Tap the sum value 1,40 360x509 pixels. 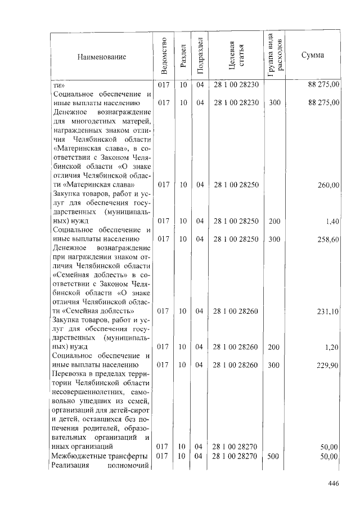pos(332,222)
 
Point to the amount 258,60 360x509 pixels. pos(328,240)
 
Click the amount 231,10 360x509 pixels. pos(328,310)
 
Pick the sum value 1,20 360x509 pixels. pos(332,347)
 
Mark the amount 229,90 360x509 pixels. pos(328,365)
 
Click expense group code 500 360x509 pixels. pos(274,456)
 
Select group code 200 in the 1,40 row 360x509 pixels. pos(274,222)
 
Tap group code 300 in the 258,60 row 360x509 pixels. pos(274,240)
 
